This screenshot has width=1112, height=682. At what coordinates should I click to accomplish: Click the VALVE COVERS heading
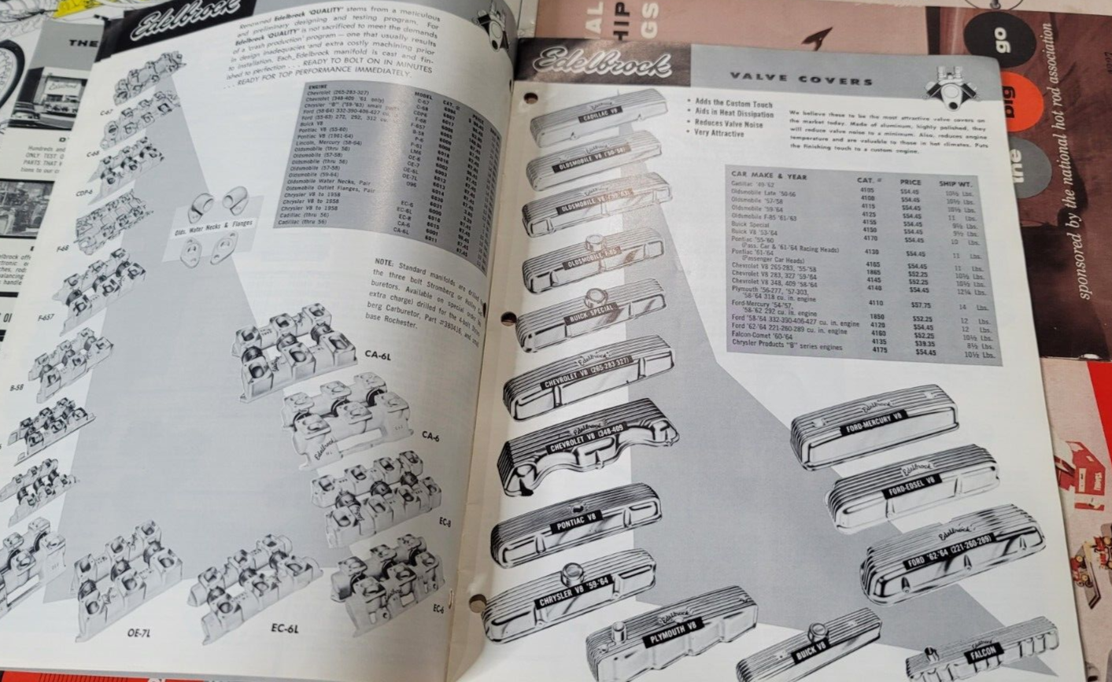pyautogui.click(x=801, y=79)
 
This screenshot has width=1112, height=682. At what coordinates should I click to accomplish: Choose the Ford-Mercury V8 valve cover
pyautogui.click(x=874, y=426)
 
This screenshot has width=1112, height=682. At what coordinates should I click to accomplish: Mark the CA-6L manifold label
pyautogui.click(x=378, y=356)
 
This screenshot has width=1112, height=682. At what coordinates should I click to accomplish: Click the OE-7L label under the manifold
pyautogui.click(x=139, y=632)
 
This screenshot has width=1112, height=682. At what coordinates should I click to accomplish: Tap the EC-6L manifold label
pyautogui.click(x=284, y=629)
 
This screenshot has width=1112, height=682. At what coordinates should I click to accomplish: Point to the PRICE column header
pyautogui.click(x=911, y=182)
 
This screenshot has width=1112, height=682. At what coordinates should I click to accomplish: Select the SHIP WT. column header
pyautogui.click(x=957, y=184)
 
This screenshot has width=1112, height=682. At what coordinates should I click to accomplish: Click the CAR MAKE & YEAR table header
pyautogui.click(x=768, y=175)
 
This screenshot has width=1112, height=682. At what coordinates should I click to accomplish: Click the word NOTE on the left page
pyautogui.click(x=383, y=262)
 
